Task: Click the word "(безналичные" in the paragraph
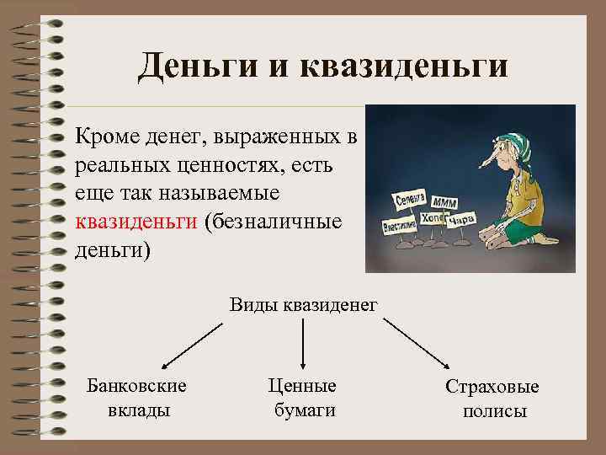point(272,222)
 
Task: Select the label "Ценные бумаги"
point(303,398)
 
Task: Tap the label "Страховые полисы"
point(492,399)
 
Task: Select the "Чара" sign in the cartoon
point(461,221)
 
